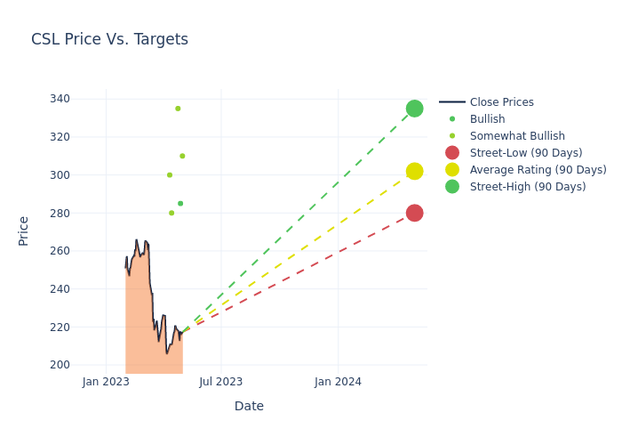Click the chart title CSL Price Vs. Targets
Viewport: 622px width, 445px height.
coord(109,39)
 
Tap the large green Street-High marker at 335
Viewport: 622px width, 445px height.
coord(414,109)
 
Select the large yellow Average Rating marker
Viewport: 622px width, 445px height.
coord(414,171)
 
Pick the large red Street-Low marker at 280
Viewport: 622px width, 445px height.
coord(414,213)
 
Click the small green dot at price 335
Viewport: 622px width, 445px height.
coord(178,109)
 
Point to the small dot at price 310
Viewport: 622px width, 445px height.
coord(182,156)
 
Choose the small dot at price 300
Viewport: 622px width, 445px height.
coord(170,174)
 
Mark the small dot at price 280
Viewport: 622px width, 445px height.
coord(171,213)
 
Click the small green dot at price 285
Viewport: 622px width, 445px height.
coord(180,203)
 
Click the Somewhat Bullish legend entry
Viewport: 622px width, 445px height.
coord(517,136)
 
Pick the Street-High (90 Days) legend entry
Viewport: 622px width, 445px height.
coord(528,187)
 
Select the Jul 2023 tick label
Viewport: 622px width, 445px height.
coord(221,382)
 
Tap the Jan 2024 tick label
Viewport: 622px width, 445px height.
coord(338,382)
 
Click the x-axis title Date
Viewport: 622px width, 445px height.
coord(249,406)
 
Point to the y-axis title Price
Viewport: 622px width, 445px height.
coord(24,231)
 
